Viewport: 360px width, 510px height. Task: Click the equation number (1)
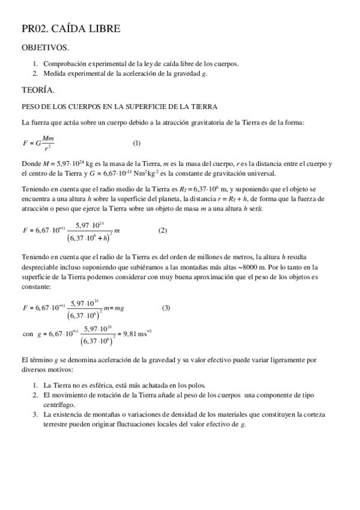(x=136, y=143)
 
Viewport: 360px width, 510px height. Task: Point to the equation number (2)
(x=162, y=230)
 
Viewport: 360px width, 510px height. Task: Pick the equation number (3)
(x=166, y=309)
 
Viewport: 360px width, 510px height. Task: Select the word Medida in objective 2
(x=54, y=73)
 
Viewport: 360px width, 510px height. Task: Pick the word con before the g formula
(x=28, y=333)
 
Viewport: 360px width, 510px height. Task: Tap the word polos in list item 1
(x=196, y=385)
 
